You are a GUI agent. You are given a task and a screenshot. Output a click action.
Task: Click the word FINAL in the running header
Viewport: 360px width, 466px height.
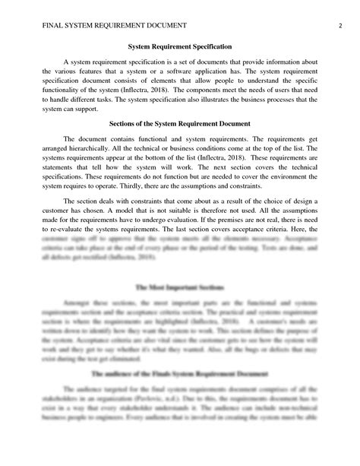click(33, 24)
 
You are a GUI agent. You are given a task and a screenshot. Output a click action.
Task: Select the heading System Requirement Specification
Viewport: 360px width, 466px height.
click(180, 47)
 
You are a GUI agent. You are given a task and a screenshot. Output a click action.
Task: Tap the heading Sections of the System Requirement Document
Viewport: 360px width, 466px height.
click(180, 122)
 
